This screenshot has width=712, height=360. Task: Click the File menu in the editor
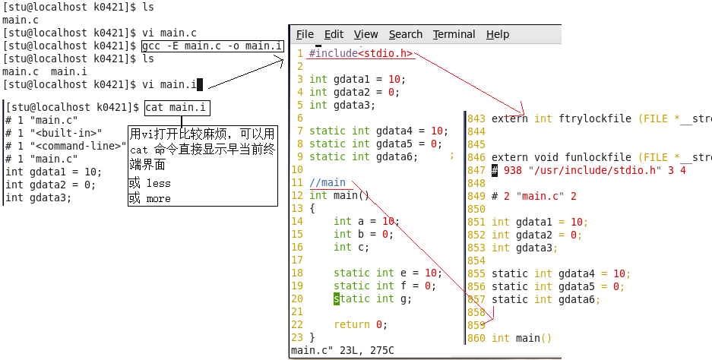pos(305,34)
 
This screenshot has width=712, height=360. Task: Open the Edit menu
pos(334,34)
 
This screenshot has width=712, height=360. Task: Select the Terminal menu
pos(454,34)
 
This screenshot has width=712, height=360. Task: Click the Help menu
pos(498,34)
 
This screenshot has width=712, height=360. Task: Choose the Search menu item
pos(405,34)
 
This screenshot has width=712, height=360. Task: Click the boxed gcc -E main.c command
pos(213,46)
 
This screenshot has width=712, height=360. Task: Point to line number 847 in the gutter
pos(476,171)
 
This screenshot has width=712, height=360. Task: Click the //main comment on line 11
pos(328,182)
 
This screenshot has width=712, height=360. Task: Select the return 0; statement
pos(360,324)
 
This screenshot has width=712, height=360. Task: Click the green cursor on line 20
pos(337,298)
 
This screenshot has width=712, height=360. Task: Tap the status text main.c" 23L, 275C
pos(342,351)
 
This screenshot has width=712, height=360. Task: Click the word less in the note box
pos(158,184)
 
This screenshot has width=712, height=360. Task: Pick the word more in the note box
pos(158,199)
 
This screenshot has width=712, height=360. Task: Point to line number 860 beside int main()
pos(476,338)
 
